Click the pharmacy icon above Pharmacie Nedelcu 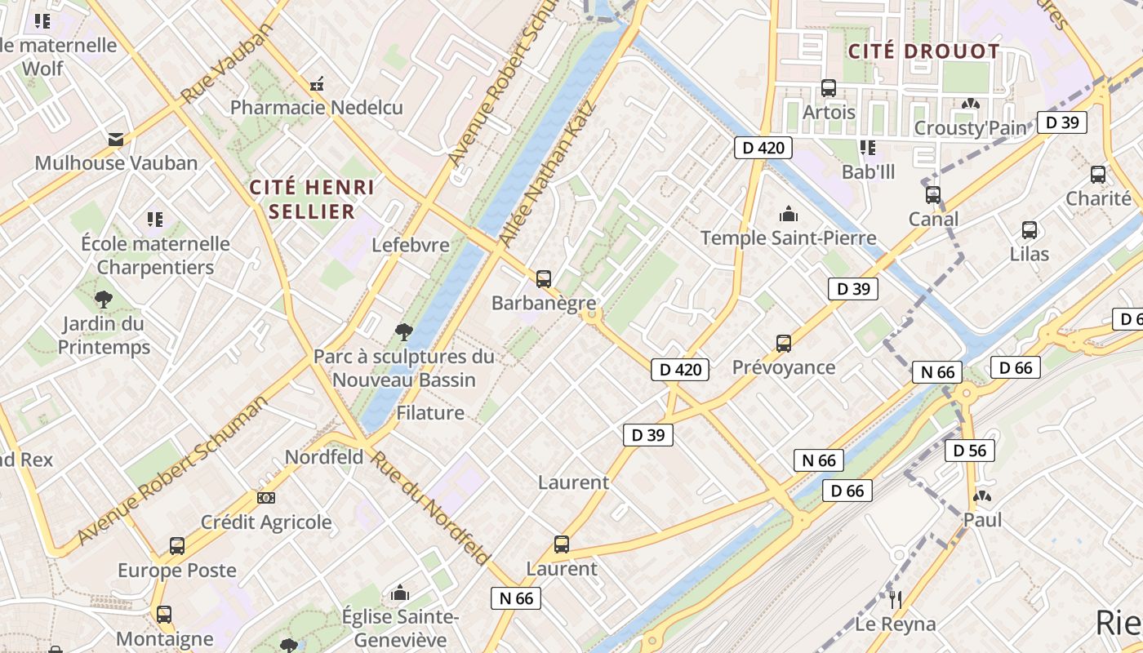[x=317, y=83]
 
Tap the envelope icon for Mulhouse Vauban [x=116, y=139]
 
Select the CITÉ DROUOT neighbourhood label [x=923, y=51]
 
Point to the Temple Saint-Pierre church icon [x=789, y=214]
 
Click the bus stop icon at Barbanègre [x=544, y=279]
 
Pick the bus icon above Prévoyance [x=784, y=344]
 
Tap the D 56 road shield [x=970, y=451]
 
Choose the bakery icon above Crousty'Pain [x=970, y=104]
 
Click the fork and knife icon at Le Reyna [x=896, y=600]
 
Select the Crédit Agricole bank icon [x=266, y=498]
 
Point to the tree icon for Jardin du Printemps [x=104, y=300]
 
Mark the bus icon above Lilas [x=1030, y=230]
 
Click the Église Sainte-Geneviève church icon [x=400, y=593]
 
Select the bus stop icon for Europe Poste [x=177, y=546]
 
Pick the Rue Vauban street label [x=226, y=64]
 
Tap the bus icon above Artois [x=829, y=88]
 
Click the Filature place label [x=430, y=413]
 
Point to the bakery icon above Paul [x=982, y=496]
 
